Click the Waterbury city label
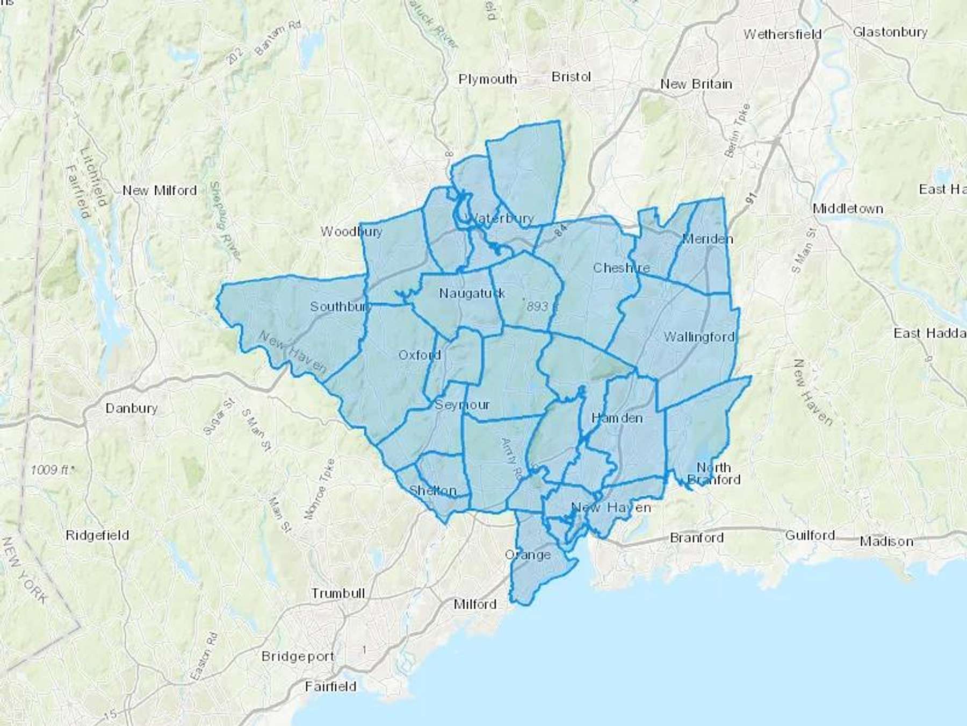pos(501,218)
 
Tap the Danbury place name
pos(131,408)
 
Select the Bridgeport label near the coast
pos(298,657)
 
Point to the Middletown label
pos(848,209)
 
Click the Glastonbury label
pos(890,32)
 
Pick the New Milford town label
pos(160,190)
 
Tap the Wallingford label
pos(699,337)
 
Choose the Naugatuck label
pos(472,293)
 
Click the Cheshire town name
pos(621,268)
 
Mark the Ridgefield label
pos(97,536)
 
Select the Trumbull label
pos(338,594)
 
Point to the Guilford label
pos(810,536)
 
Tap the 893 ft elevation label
pos(537,306)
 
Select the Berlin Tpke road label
pos(738,131)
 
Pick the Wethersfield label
pos(782,34)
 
